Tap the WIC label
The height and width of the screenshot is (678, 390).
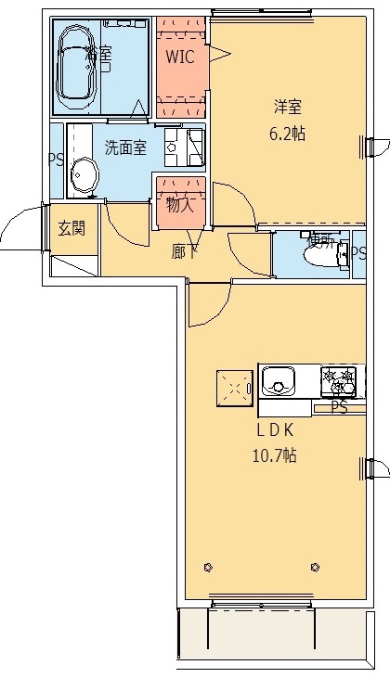[179, 57]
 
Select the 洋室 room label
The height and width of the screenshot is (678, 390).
[286, 107]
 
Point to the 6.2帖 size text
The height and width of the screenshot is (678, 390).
[286, 133]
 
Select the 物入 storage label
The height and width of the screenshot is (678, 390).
[179, 206]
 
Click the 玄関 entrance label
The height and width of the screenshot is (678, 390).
[71, 229]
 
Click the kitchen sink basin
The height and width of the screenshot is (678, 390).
[279, 379]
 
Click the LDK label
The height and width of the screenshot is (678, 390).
[276, 429]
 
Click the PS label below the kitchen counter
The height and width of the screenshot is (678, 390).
[340, 407]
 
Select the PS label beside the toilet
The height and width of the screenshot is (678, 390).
[358, 251]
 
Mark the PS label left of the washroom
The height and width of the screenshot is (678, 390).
[56, 159]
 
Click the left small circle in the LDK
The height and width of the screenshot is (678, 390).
[207, 567]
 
